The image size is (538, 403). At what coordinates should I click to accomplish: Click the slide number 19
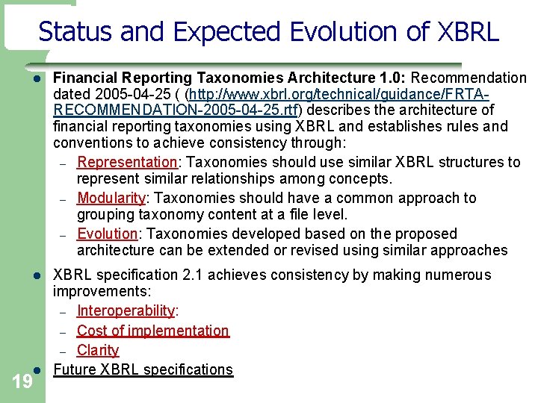[x=22, y=383]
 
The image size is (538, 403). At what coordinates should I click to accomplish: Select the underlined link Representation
[x=126, y=162]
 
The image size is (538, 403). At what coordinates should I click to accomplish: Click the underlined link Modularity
[x=111, y=198]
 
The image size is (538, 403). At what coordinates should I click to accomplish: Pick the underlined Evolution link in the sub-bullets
[x=107, y=234]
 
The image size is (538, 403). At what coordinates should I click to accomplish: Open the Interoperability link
[x=126, y=310]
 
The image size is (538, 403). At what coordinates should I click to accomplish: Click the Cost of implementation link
[x=152, y=331]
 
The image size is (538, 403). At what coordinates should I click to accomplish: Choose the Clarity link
[x=98, y=350]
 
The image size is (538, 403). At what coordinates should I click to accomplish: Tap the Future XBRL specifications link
[x=143, y=369]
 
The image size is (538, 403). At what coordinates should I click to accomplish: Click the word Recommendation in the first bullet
[x=469, y=78]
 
